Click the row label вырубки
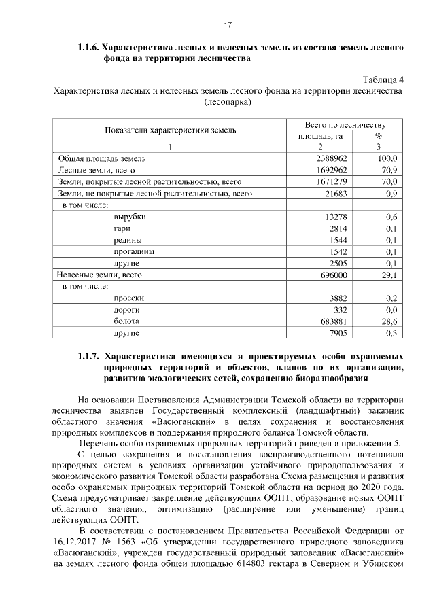pyautogui.click(x=130, y=217)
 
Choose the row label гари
pyautogui.click(x=122, y=228)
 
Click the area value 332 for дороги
pyautogui.click(x=341, y=309)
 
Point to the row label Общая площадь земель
pyautogui.click(x=94, y=158)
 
